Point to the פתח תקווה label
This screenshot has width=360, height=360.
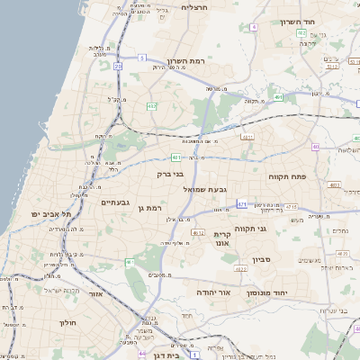[287, 177]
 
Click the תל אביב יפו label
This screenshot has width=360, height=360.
[50, 213]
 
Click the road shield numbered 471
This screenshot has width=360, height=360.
[242, 205]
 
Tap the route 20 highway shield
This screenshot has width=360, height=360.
[118, 66]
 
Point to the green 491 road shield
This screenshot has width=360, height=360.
[279, 96]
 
